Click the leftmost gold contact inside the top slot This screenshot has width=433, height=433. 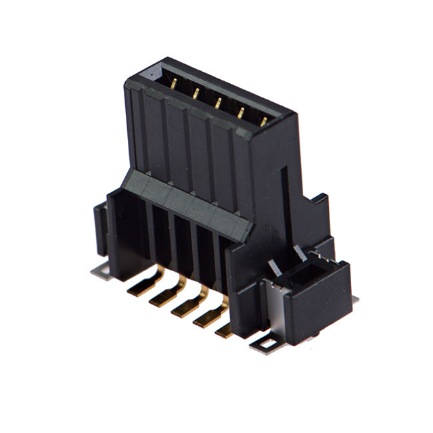tap(174, 84)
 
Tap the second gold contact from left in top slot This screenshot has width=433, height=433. tap(196, 93)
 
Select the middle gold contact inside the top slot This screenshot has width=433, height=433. tap(218, 103)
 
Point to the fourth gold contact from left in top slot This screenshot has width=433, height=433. tap(240, 112)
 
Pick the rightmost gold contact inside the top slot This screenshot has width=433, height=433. tap(263, 121)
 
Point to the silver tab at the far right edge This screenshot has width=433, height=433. tap(355, 298)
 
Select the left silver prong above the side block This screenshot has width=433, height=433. tap(273, 268)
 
